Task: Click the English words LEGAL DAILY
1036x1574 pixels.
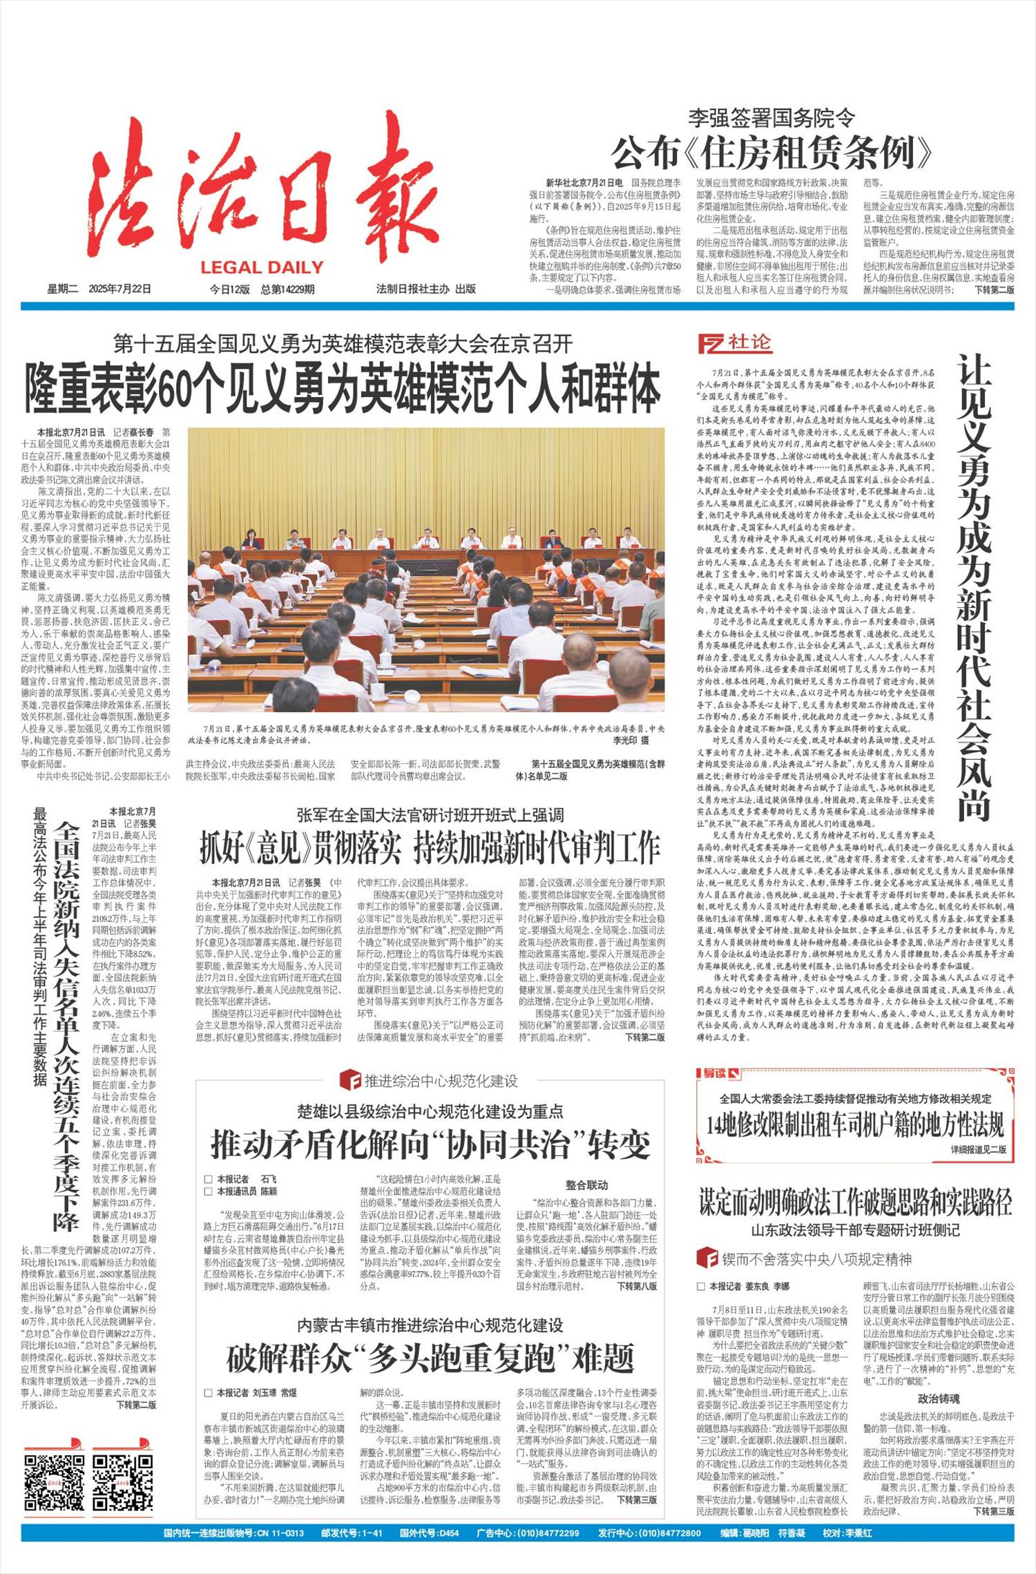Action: pyautogui.click(x=262, y=268)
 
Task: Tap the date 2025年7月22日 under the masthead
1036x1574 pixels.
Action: pyautogui.click(x=119, y=289)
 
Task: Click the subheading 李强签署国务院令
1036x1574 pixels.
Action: pyautogui.click(x=771, y=118)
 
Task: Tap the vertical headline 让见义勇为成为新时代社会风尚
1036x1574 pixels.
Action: pyautogui.click(x=974, y=586)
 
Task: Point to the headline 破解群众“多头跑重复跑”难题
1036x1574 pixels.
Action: pyautogui.click(x=430, y=1358)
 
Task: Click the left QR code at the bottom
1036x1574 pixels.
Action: pyautogui.click(x=55, y=1483)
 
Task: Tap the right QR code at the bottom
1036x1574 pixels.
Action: pyautogui.click(x=123, y=1483)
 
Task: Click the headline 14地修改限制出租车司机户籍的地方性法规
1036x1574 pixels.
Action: pyautogui.click(x=855, y=1125)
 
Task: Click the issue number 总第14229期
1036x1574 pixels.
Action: pyautogui.click(x=287, y=289)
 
